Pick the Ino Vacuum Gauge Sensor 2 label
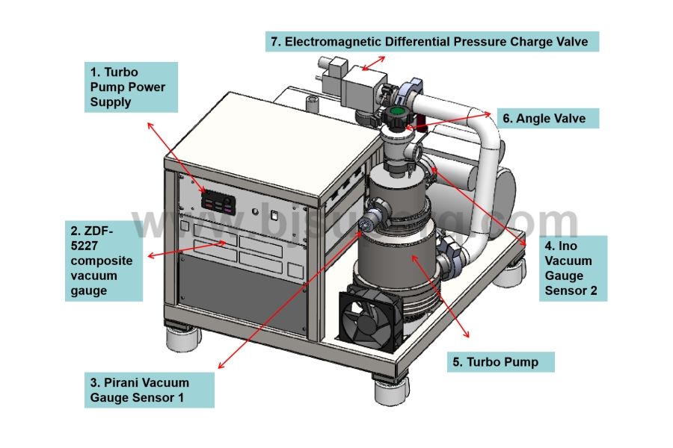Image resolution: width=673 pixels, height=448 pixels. pos(573,268)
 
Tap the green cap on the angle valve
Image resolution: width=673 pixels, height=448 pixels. pos(396,116)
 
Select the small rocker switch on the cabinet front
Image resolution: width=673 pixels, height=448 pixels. pos(275,217)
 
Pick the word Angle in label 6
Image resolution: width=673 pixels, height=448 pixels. pos(533,118)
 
